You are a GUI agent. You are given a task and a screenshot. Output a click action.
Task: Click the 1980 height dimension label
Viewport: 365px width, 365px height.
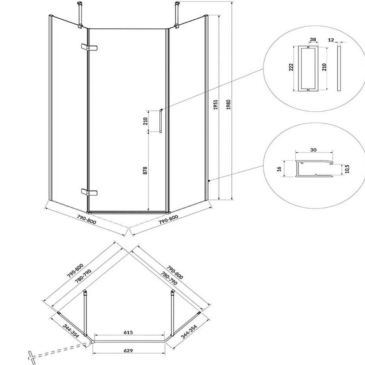click(228, 105)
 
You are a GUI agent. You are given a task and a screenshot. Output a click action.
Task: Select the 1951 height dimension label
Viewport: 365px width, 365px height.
click(216, 105)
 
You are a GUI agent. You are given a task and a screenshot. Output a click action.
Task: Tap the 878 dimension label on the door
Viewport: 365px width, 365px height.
click(145, 170)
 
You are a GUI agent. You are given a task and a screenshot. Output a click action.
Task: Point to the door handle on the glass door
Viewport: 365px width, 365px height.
click(161, 121)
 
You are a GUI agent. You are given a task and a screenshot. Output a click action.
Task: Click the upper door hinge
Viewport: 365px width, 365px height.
click(89, 47)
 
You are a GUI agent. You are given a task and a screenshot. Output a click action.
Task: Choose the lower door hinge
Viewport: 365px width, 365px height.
click(89, 192)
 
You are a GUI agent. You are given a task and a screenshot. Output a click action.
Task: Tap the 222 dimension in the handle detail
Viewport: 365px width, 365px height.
click(291, 67)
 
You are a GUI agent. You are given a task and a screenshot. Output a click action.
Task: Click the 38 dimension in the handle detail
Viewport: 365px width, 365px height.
click(313, 39)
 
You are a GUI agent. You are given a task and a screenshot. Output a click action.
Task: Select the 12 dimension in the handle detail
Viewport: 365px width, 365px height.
click(331, 40)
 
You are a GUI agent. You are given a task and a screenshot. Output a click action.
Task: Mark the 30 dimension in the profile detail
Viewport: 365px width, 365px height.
click(313, 150)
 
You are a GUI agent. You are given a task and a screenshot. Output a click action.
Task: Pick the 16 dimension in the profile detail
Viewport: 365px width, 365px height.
click(279, 168)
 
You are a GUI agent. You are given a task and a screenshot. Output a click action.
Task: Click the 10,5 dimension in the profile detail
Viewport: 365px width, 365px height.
click(347, 169)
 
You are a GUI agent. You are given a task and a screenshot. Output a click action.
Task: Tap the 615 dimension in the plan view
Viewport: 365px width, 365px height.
click(128, 332)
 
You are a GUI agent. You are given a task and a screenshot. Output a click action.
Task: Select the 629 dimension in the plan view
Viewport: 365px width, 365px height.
click(128, 350)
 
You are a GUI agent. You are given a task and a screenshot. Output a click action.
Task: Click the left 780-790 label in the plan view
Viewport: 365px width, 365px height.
click(83, 276)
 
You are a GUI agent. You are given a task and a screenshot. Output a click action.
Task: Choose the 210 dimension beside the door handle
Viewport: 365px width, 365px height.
click(145, 121)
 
